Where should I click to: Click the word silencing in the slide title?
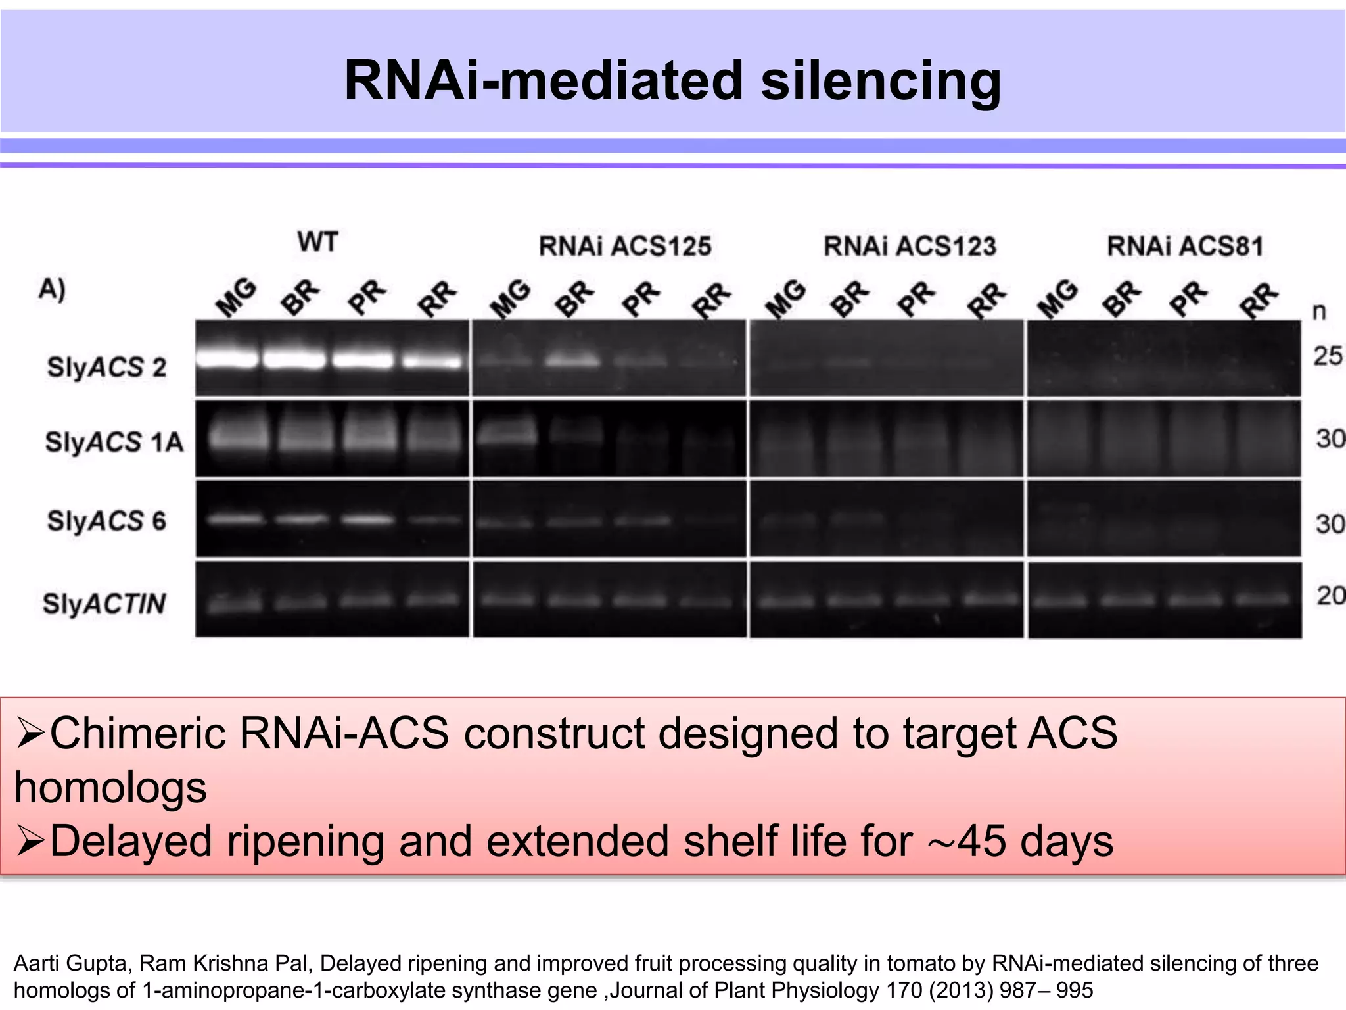[881, 82]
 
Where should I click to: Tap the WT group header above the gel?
[317, 242]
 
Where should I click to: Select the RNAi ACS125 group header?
[625, 246]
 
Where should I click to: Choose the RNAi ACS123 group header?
[910, 246]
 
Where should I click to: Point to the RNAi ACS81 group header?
[1185, 246]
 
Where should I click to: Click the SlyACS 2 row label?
[106, 367]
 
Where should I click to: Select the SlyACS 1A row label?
[114, 442]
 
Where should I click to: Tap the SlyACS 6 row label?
[106, 521]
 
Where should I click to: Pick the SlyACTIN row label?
[104, 603]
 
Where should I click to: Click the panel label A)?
[53, 289]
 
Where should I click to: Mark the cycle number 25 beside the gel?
[1328, 356]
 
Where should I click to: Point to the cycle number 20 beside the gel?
[1330, 595]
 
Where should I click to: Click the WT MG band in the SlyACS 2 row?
[227, 359]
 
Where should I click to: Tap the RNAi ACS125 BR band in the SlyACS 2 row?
[573, 360]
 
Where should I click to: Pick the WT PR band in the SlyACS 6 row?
[367, 519]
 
